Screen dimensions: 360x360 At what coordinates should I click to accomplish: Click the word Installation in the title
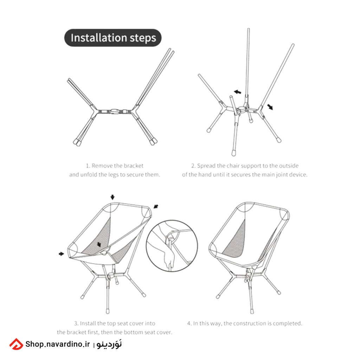tap(99, 38)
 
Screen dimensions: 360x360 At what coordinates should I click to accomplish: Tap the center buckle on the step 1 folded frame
tap(115, 111)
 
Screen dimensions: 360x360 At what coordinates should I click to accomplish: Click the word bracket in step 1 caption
tap(133, 166)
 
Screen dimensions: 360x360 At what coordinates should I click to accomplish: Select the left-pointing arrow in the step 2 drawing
tap(237, 92)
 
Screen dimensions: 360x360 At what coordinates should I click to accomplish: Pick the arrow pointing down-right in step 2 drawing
tap(270, 107)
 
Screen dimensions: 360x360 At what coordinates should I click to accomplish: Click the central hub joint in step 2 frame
tap(241, 109)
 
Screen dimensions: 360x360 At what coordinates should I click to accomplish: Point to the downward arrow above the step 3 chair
tap(112, 197)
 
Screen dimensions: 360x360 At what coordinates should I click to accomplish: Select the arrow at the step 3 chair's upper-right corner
tap(156, 206)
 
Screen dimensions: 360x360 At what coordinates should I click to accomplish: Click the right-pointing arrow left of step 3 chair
tap(61, 254)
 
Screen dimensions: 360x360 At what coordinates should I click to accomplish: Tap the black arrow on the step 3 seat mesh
tap(99, 244)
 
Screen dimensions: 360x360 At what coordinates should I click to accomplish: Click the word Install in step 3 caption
tap(88, 323)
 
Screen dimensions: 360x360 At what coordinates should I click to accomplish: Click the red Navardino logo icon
tap(16, 344)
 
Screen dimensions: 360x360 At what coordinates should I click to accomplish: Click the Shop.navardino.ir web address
tap(58, 344)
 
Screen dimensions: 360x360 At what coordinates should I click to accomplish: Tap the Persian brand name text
tap(109, 344)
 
